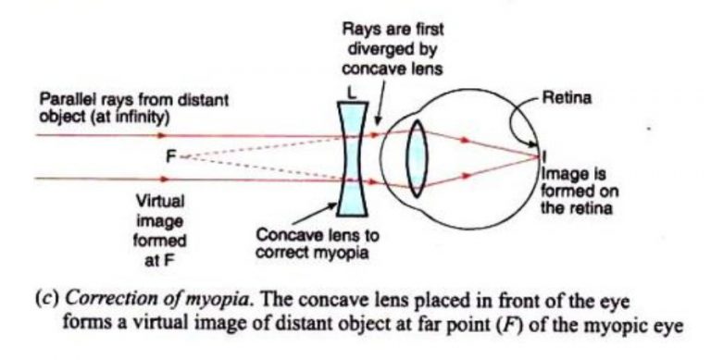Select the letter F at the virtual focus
pos(169,158)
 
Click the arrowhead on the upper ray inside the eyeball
pos(462,140)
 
